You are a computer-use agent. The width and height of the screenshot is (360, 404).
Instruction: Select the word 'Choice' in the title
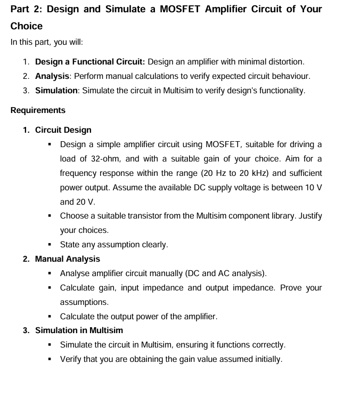27,26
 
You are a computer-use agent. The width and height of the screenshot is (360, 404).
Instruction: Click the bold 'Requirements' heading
38,110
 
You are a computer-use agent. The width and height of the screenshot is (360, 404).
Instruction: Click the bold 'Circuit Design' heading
63,130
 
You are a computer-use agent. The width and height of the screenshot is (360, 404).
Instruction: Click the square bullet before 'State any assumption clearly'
50,245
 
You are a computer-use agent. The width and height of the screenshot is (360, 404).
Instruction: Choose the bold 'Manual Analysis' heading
67,259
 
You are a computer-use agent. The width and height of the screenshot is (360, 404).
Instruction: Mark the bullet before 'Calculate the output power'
50,317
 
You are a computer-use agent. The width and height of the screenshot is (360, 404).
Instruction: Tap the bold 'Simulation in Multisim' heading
79,330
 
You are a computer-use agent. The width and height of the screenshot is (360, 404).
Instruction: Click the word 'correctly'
268,345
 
